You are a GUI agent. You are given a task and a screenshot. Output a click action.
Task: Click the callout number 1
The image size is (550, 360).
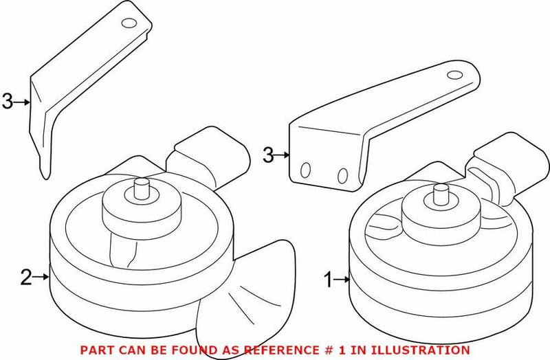[x=328, y=280]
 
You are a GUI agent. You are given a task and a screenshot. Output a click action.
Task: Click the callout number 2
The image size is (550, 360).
[x=26, y=278]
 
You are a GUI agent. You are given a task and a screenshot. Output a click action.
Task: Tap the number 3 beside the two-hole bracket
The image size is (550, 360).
[x=269, y=155]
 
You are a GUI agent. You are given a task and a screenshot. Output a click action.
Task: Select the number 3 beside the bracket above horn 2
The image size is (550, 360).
[x=8, y=102]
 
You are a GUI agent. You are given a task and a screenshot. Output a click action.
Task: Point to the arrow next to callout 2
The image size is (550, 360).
[x=41, y=278]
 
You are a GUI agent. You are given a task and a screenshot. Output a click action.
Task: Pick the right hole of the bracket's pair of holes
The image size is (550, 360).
[x=342, y=175]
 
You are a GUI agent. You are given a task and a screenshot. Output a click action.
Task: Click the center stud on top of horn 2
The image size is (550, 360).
[x=142, y=188]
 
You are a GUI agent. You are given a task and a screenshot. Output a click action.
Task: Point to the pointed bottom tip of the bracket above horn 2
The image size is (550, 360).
[x=45, y=175]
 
